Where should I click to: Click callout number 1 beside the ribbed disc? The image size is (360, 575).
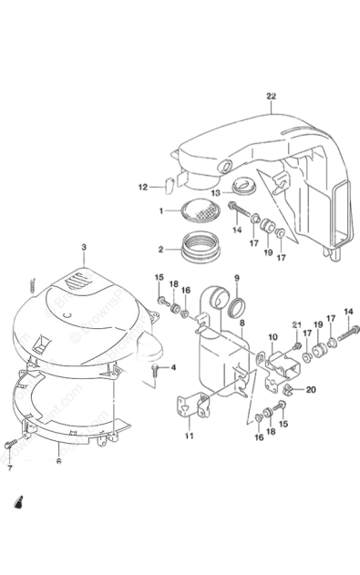pyautogui.click(x=160, y=210)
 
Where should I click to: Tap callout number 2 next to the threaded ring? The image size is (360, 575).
pyautogui.click(x=160, y=247)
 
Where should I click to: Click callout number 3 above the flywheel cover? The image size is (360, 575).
pyautogui.click(x=83, y=246)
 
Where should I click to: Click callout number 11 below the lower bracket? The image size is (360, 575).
pyautogui.click(x=190, y=436)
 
